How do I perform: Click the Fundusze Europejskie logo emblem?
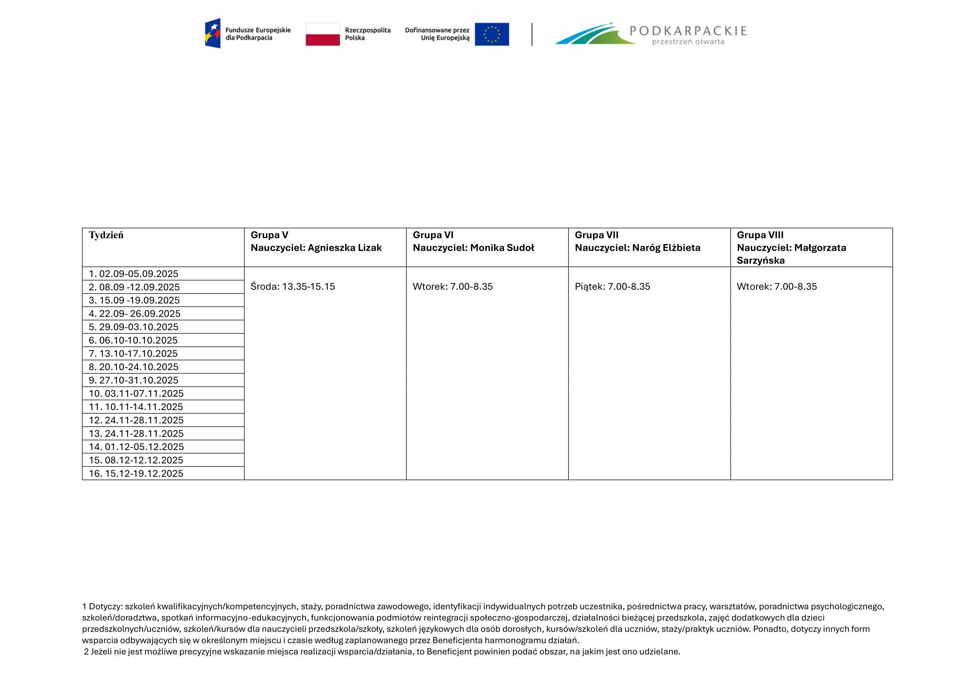pos(213,33)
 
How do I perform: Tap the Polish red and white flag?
pos(323,34)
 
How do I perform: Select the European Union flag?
pos(492,34)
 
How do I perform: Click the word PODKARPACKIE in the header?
pos(688,30)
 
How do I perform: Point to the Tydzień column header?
pos(106,235)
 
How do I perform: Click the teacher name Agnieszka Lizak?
pos(344,248)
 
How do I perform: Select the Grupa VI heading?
pos(433,235)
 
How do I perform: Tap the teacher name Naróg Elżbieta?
pos(666,248)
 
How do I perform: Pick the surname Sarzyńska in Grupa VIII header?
pos(761,260)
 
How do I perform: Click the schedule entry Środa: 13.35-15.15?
pos(293,286)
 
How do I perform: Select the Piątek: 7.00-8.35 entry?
pos(612,286)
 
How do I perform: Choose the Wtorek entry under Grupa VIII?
pos(777,286)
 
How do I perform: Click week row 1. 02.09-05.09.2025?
pos(133,274)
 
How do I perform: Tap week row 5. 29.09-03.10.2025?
pos(133,327)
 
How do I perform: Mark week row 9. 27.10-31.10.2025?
pos(133,380)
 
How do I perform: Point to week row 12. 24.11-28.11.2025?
pos(136,420)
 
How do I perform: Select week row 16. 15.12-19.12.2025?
pos(136,473)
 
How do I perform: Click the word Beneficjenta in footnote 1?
pos(457,640)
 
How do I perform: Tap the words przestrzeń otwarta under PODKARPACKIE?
pos(688,42)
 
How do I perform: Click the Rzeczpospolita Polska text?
pos(367,34)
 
